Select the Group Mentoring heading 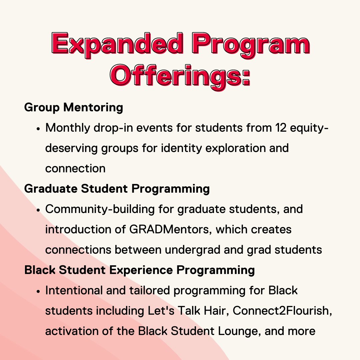pyautogui.click(x=74, y=107)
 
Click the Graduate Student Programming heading pyautogui.click(x=117, y=189)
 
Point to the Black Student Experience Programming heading pyautogui.click(x=140, y=270)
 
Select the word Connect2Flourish pyautogui.click(x=282, y=311)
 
